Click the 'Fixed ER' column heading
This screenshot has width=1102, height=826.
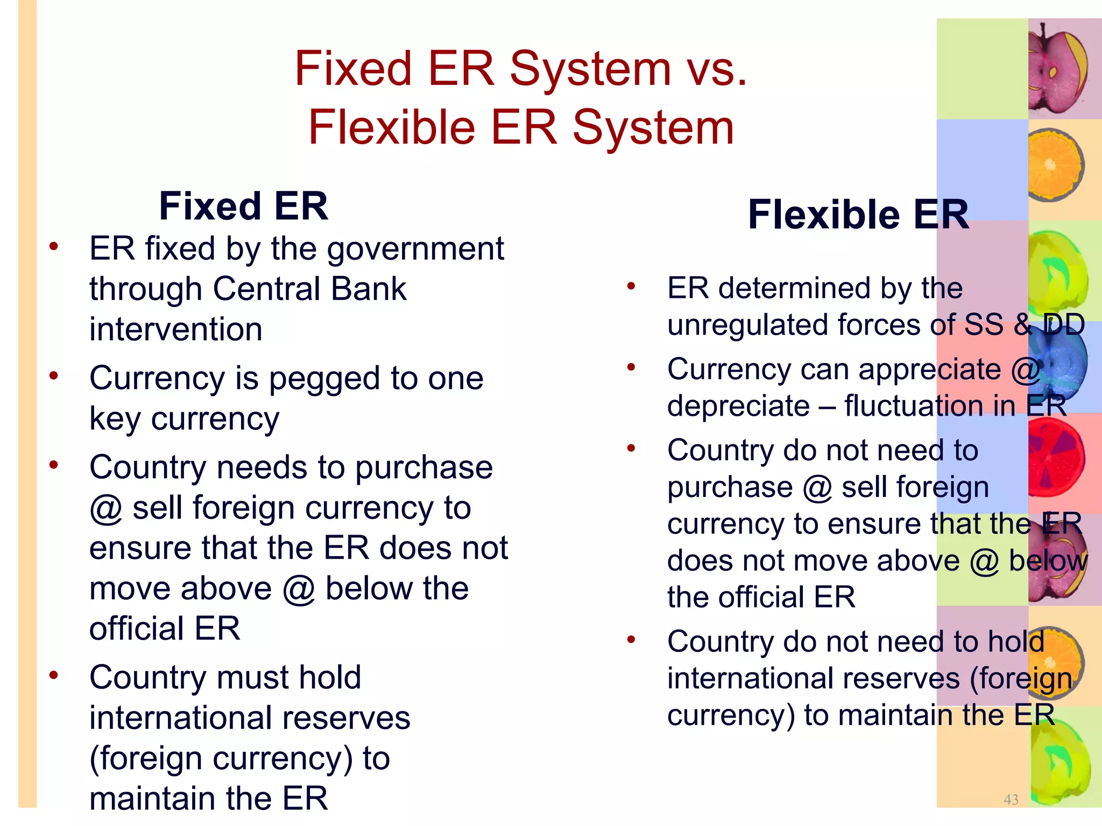243,206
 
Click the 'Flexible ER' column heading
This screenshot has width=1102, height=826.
858,215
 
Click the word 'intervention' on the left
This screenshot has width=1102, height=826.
176,329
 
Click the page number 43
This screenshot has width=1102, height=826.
1011,800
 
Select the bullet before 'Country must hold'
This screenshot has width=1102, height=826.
53,675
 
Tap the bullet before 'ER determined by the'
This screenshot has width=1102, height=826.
631,286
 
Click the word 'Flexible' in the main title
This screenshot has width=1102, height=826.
391,127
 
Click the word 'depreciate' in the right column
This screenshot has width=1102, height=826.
738,405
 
